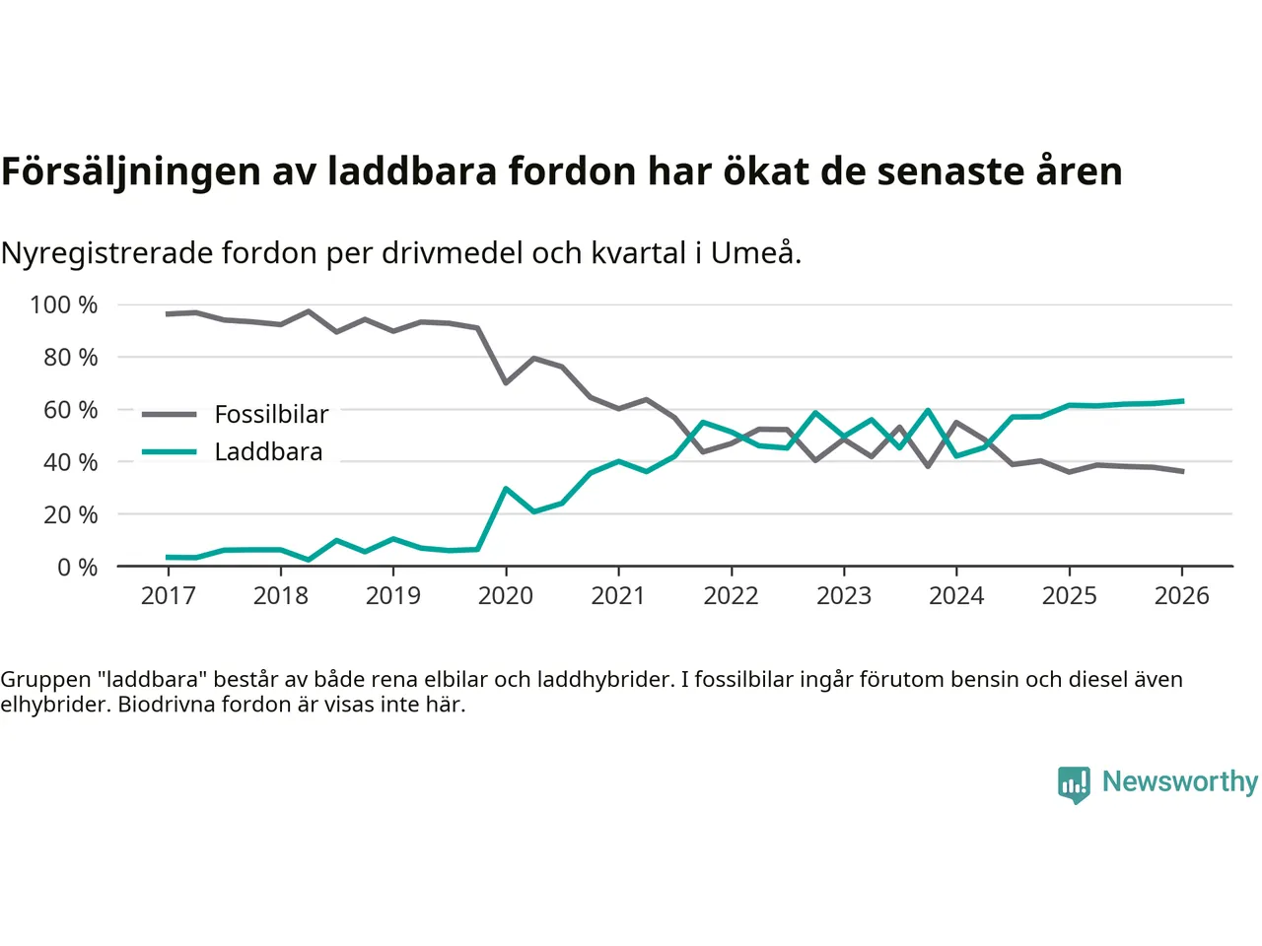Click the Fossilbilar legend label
pos(271,415)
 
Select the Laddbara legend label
pos(268,452)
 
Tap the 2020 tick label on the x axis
pos(506,596)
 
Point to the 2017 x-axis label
pos(168,596)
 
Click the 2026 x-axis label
pos(1181,596)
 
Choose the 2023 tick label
pos(844,596)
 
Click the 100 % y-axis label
pos(64,305)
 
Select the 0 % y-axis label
pos(77,568)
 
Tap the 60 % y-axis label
pos(70,410)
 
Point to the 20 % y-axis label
pos(70,514)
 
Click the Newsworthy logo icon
pos(1074,784)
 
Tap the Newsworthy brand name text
pos(1179,781)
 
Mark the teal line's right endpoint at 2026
pos(1182,401)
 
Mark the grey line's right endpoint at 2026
pos(1182,472)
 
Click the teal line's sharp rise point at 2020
pos(506,489)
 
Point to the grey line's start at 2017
pos(168,314)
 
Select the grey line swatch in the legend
pos(169,415)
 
